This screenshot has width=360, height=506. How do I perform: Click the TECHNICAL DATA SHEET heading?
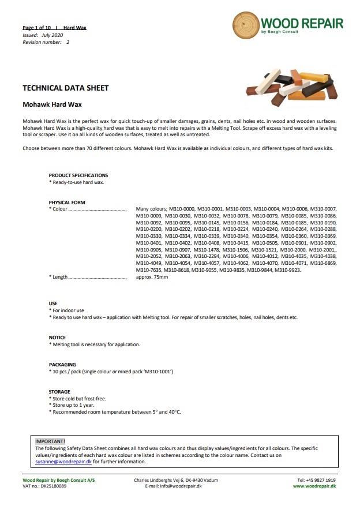(x=65, y=88)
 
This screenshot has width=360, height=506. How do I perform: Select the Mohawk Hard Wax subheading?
(x=52, y=105)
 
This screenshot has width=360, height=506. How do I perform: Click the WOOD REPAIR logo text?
(x=301, y=24)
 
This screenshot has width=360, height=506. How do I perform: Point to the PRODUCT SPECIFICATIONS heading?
(x=78, y=175)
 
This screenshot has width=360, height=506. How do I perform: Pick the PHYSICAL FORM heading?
(x=66, y=203)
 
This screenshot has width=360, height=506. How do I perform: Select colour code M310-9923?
(x=287, y=269)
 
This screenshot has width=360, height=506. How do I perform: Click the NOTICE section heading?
(x=57, y=338)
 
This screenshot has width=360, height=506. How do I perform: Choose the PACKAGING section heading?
(x=62, y=365)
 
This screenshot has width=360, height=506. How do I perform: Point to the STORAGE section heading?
(x=59, y=392)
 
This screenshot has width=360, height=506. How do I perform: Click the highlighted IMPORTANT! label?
(x=50, y=441)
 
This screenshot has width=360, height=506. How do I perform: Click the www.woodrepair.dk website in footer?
(x=314, y=486)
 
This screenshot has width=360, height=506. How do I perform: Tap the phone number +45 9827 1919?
(x=317, y=480)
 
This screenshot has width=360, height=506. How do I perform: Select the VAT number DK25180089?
(x=51, y=486)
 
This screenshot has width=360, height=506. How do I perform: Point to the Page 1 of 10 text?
(x=36, y=28)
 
